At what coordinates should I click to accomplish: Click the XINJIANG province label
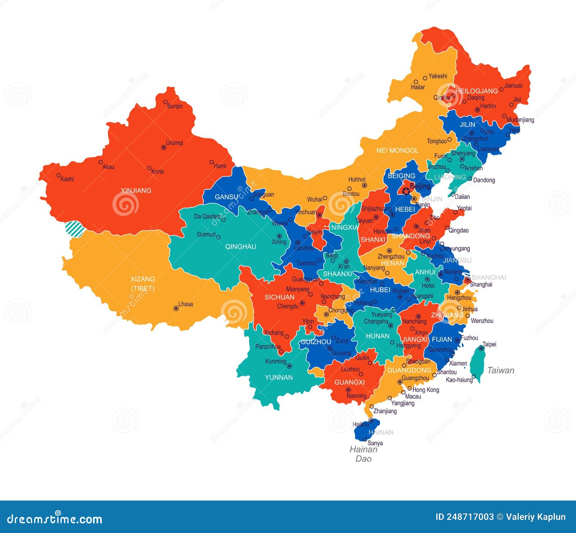click(x=136, y=190)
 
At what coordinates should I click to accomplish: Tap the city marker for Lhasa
click(x=176, y=308)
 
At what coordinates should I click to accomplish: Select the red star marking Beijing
click(x=406, y=190)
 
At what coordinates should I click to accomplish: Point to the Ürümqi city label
click(x=175, y=143)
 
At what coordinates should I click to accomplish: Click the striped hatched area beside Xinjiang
click(x=74, y=229)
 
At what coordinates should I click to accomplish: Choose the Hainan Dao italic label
click(x=363, y=454)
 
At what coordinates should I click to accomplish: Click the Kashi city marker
click(x=59, y=176)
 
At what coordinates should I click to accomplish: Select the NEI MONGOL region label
click(x=397, y=150)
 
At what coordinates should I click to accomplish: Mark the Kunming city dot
click(x=289, y=366)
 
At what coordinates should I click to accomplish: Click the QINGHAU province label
click(x=240, y=247)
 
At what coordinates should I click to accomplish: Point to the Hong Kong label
click(x=426, y=390)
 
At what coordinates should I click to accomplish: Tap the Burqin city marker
click(x=165, y=102)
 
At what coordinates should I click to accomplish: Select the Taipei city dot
click(x=481, y=348)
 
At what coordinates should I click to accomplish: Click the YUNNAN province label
click(x=279, y=378)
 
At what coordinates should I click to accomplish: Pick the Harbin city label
click(x=488, y=106)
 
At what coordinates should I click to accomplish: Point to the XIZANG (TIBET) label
click(x=143, y=283)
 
